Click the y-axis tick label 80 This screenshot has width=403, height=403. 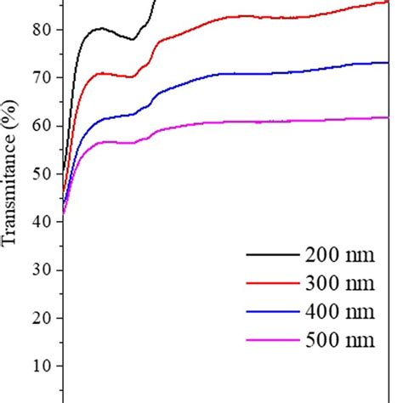pyautogui.click(x=42, y=30)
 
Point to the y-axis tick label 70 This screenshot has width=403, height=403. pyautogui.click(x=42, y=77)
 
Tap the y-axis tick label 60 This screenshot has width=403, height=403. pyautogui.click(x=42, y=126)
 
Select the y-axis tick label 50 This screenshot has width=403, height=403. pyautogui.click(x=42, y=173)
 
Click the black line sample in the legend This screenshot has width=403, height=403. pyautogui.click(x=270, y=254)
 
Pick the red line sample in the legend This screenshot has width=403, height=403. pyautogui.click(x=270, y=283)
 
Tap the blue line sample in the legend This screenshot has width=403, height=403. pyautogui.click(x=270, y=312)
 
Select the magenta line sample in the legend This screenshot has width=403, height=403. pyautogui.click(x=270, y=341)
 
